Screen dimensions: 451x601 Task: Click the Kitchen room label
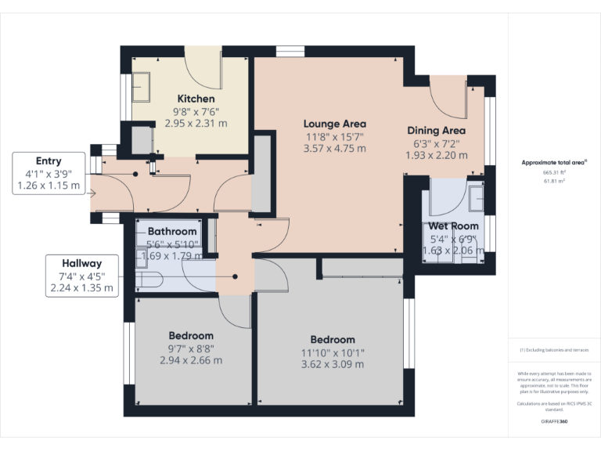[196, 99]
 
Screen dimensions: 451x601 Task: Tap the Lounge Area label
[335, 124]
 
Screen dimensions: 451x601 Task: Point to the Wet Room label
[453, 226]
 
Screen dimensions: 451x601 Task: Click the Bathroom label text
[172, 232]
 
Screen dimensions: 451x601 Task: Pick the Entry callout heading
[49, 161]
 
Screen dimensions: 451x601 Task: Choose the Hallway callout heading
[82, 263]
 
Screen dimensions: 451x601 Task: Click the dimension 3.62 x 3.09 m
[333, 364]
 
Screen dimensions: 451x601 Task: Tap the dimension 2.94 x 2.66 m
[191, 360]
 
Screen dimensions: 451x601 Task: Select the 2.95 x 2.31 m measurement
[196, 123]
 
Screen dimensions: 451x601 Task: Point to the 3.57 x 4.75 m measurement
[335, 149]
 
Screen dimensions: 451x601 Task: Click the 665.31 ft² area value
[554, 172]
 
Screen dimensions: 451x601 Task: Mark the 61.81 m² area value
[554, 181]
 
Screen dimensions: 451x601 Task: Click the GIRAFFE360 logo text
[554, 421]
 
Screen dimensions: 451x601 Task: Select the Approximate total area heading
[554, 163]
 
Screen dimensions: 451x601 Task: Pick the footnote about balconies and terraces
[554, 350]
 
